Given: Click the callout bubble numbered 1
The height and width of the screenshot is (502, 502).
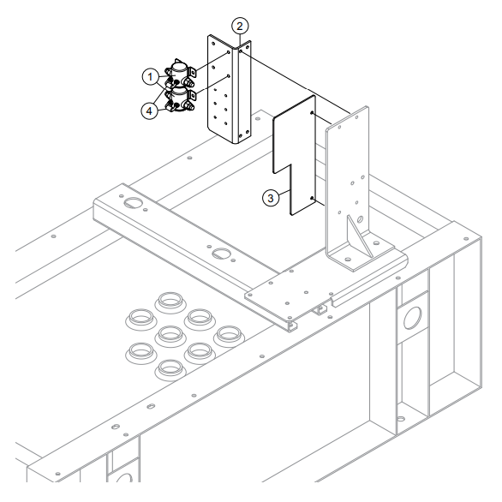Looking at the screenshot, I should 150,76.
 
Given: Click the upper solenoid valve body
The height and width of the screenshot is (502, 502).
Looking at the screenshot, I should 181,71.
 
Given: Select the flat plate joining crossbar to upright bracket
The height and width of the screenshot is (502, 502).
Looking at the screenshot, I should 283,291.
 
